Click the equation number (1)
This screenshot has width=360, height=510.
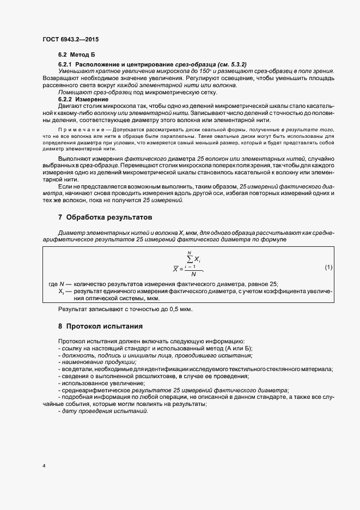pyautogui.click(x=328, y=267)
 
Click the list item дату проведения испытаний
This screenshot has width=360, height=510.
pyautogui.click(x=103, y=411)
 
